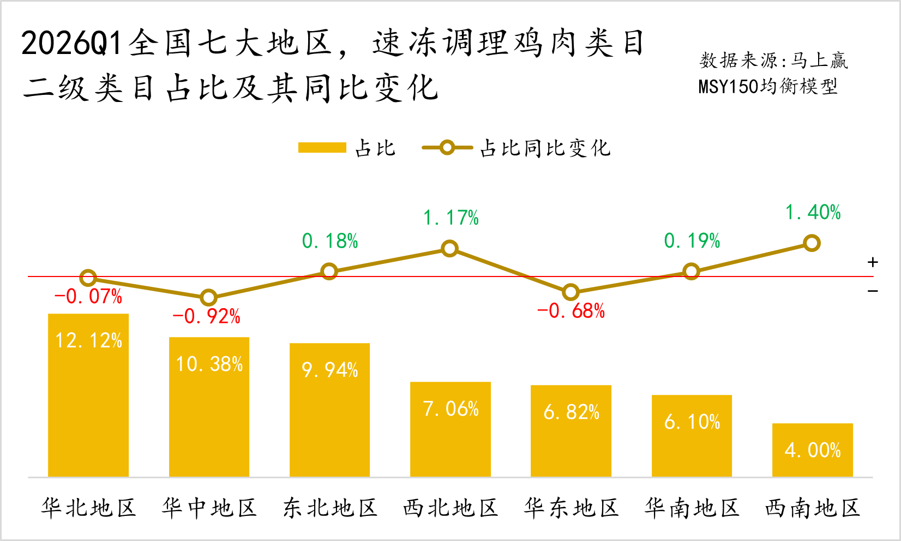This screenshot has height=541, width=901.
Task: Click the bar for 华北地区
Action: (88, 395)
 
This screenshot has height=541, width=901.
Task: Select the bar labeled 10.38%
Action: (209, 407)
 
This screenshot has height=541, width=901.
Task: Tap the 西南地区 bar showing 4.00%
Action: (812, 450)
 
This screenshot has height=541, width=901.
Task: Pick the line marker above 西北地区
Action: (449, 249)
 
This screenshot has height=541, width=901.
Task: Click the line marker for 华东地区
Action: (570, 292)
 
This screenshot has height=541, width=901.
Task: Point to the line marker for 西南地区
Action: (812, 243)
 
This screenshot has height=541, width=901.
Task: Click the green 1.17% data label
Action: (451, 218)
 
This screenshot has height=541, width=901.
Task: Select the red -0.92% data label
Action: (207, 316)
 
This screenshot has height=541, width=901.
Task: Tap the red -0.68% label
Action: (571, 311)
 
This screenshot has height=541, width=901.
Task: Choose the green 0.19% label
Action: (692, 241)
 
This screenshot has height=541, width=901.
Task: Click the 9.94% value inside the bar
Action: (330, 370)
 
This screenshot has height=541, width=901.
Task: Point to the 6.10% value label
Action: (692, 422)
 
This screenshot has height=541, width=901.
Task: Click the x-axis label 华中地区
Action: (209, 508)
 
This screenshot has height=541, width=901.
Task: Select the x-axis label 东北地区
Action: (330, 508)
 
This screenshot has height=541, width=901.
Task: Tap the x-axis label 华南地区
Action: (692, 508)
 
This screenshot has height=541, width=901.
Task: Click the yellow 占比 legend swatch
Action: (322, 148)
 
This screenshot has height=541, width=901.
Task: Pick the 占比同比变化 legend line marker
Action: (447, 148)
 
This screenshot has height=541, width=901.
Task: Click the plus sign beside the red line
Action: (873, 262)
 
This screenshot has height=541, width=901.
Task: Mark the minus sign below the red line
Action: (873, 291)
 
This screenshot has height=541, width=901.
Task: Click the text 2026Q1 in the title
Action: (71, 43)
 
